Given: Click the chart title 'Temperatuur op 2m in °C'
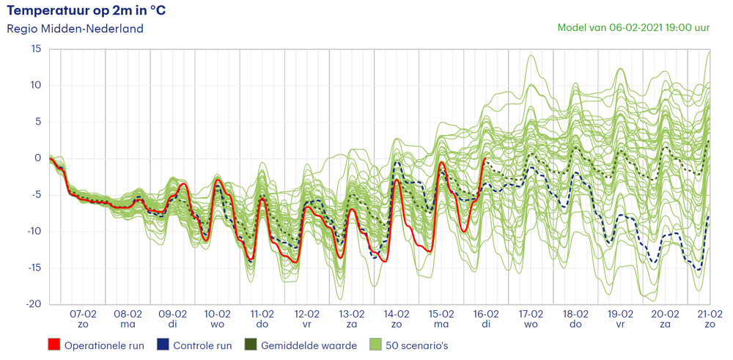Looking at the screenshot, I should (86, 10).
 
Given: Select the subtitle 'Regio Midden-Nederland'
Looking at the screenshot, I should (75, 29).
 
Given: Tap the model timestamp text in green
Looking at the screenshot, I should (633, 28).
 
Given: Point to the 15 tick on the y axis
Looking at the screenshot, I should (35, 49).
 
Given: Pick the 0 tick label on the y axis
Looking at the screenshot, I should (38, 158).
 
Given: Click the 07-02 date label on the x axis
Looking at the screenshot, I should (83, 314).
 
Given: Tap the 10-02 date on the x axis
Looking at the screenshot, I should (218, 314).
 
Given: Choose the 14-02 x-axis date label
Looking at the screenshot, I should (397, 314).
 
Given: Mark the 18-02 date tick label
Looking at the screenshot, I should (576, 314).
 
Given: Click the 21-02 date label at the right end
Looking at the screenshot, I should (710, 314).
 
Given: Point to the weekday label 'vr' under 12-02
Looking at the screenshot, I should (307, 324).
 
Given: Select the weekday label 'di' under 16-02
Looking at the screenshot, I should (486, 324).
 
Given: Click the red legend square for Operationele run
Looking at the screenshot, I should (54, 345).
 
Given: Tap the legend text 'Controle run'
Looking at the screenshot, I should (202, 345).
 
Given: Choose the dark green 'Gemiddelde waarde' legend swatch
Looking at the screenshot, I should (250, 345).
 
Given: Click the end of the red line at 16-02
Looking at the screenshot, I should (486, 158).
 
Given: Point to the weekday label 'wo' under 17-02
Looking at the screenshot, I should (531, 324).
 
